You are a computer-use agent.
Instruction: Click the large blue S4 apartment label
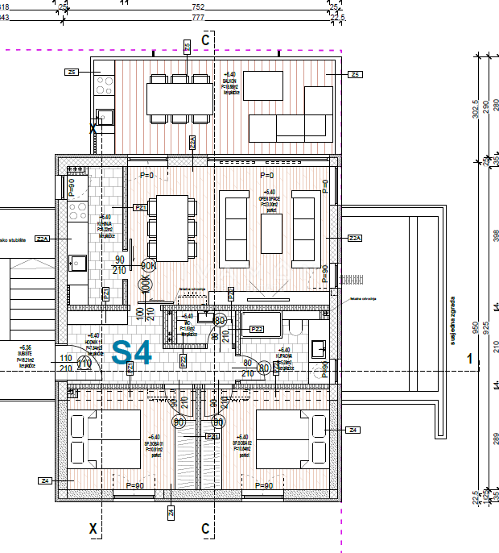coord(131,353)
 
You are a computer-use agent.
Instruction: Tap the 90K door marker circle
coord(148,265)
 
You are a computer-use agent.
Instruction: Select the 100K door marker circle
coord(146,284)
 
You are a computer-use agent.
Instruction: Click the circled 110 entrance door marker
coord(83,363)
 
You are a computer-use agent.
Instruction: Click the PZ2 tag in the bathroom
coord(257,329)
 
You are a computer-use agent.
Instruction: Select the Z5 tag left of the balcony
coord(72,73)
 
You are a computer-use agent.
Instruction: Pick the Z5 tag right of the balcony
coord(356,74)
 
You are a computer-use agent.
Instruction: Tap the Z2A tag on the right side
coord(354,239)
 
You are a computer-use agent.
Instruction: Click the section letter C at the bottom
coord(206,529)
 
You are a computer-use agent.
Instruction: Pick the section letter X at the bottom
coord(93,529)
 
